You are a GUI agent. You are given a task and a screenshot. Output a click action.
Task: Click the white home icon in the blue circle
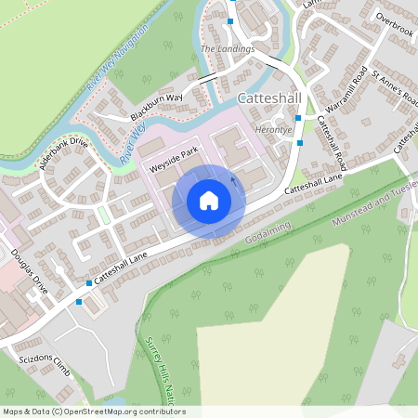(x=209, y=201)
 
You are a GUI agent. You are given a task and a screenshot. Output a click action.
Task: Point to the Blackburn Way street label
(x=156, y=100)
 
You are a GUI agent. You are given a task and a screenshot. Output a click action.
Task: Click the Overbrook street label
(x=394, y=18)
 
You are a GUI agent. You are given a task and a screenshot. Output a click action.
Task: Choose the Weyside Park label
(x=174, y=160)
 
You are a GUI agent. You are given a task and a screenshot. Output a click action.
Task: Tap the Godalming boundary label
(x=268, y=233)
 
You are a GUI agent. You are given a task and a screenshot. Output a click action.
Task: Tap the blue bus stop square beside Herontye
(x=298, y=118)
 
